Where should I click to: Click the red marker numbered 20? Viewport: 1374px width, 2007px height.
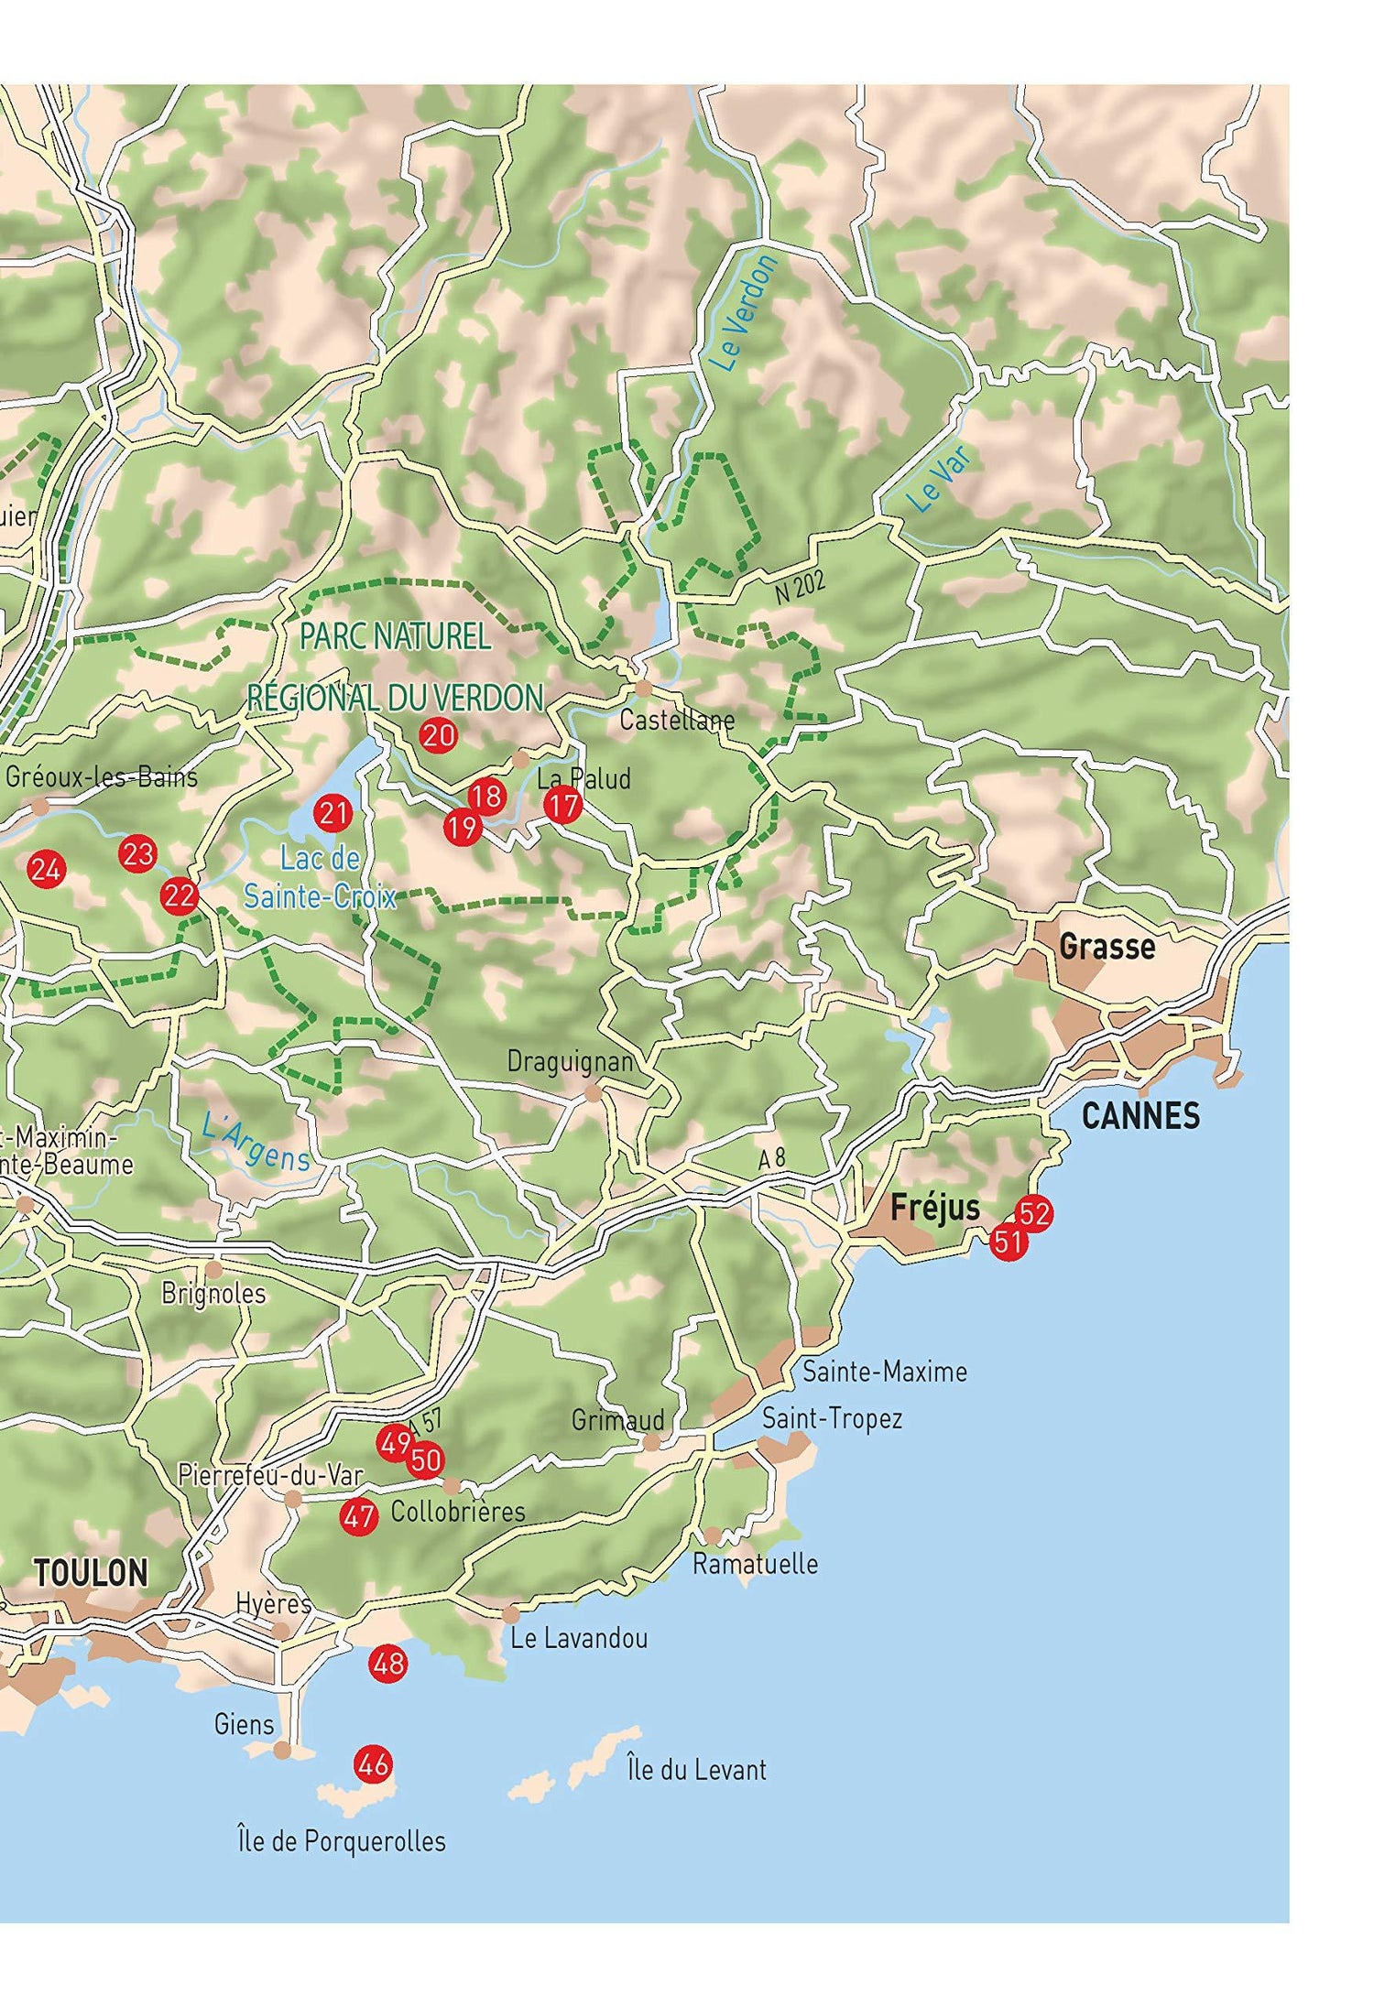[438, 735]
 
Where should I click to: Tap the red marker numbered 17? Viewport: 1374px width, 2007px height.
[562, 806]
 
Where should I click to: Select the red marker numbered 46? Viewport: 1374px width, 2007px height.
[373, 1763]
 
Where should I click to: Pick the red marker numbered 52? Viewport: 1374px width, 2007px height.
[1033, 1214]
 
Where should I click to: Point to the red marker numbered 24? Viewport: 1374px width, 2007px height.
[46, 869]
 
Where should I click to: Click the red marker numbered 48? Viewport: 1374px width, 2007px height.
[388, 1663]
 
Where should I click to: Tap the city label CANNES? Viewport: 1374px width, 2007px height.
[1140, 1116]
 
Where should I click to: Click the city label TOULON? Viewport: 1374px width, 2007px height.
[91, 1573]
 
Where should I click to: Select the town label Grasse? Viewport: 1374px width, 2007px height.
[1107, 946]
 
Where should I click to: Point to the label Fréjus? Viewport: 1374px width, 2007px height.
[935, 1208]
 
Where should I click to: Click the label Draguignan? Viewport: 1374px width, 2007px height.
[571, 1061]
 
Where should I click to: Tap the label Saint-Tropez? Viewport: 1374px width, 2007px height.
[832, 1418]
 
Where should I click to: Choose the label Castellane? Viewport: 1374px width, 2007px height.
[677, 720]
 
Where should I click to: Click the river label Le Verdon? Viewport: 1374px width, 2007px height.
[745, 313]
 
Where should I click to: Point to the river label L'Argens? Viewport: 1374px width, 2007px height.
[256, 1144]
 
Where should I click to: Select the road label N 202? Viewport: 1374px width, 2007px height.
[800, 587]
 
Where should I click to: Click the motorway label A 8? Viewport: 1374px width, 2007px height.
[772, 1158]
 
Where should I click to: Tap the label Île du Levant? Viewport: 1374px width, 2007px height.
[696, 1769]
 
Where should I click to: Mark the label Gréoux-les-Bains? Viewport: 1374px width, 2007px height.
[102, 777]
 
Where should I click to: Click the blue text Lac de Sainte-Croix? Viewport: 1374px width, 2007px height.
[320, 877]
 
